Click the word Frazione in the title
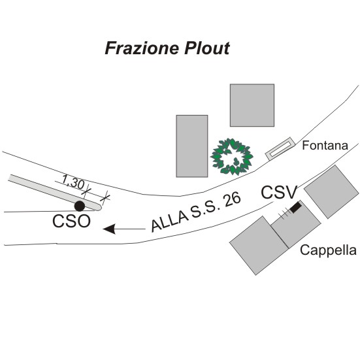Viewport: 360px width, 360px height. pyautogui.click(x=142, y=48)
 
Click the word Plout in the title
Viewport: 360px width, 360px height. pyautogui.click(x=206, y=48)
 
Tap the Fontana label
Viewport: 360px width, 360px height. pyautogui.click(x=325, y=145)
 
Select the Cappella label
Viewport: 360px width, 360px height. pyautogui.click(x=328, y=250)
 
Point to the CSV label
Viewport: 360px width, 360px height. pyautogui.click(x=279, y=192)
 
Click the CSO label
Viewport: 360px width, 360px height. pyautogui.click(x=71, y=221)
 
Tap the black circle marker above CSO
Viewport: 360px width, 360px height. pyautogui.click(x=80, y=206)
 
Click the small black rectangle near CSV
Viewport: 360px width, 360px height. pyautogui.click(x=296, y=207)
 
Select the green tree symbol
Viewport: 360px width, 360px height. pyautogui.click(x=232, y=157)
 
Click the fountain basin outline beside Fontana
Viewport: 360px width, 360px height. pyautogui.click(x=280, y=148)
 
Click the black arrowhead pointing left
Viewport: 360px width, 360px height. pyautogui.click(x=109, y=229)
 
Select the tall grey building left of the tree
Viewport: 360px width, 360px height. pyautogui.click(x=192, y=146)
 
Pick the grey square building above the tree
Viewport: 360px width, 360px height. pyautogui.click(x=252, y=105)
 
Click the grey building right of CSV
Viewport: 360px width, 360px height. pyautogui.click(x=331, y=191)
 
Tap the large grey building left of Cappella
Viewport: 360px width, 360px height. pyautogui.click(x=259, y=246)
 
